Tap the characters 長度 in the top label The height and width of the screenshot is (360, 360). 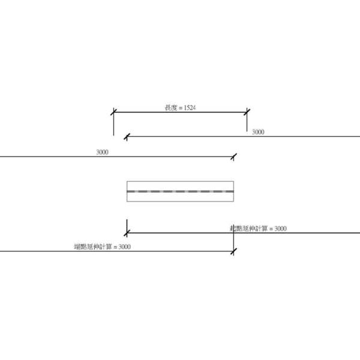pos(171,108)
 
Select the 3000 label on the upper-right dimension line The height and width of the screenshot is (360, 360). pos(257,131)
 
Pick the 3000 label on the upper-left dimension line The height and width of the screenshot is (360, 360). pos(102,152)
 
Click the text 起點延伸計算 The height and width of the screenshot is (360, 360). pos(248,229)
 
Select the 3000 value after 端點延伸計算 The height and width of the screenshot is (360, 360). pos(124,247)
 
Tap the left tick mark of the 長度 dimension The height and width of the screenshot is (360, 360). pos(113,112)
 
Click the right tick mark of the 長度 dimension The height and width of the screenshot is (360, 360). pos(247,112)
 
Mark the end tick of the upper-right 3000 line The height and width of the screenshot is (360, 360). pos(126,137)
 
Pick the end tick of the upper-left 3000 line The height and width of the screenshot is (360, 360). pos(233,157)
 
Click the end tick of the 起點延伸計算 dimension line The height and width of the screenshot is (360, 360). pos(127,232)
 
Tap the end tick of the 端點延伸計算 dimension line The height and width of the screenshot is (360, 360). pos(233,251)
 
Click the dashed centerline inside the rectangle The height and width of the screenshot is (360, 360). pos(180,191)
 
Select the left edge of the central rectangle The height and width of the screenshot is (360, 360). pos(127,191)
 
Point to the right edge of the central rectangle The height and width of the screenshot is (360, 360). pos(233,191)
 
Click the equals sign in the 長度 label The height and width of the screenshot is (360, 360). pos(179,108)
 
